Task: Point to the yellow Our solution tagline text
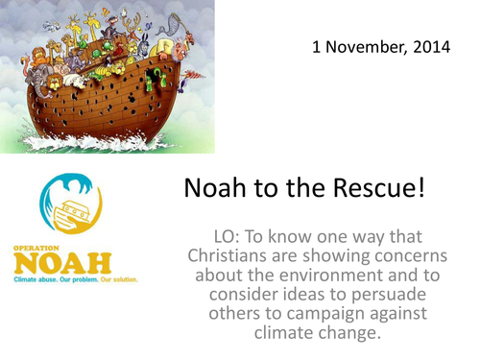118,279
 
